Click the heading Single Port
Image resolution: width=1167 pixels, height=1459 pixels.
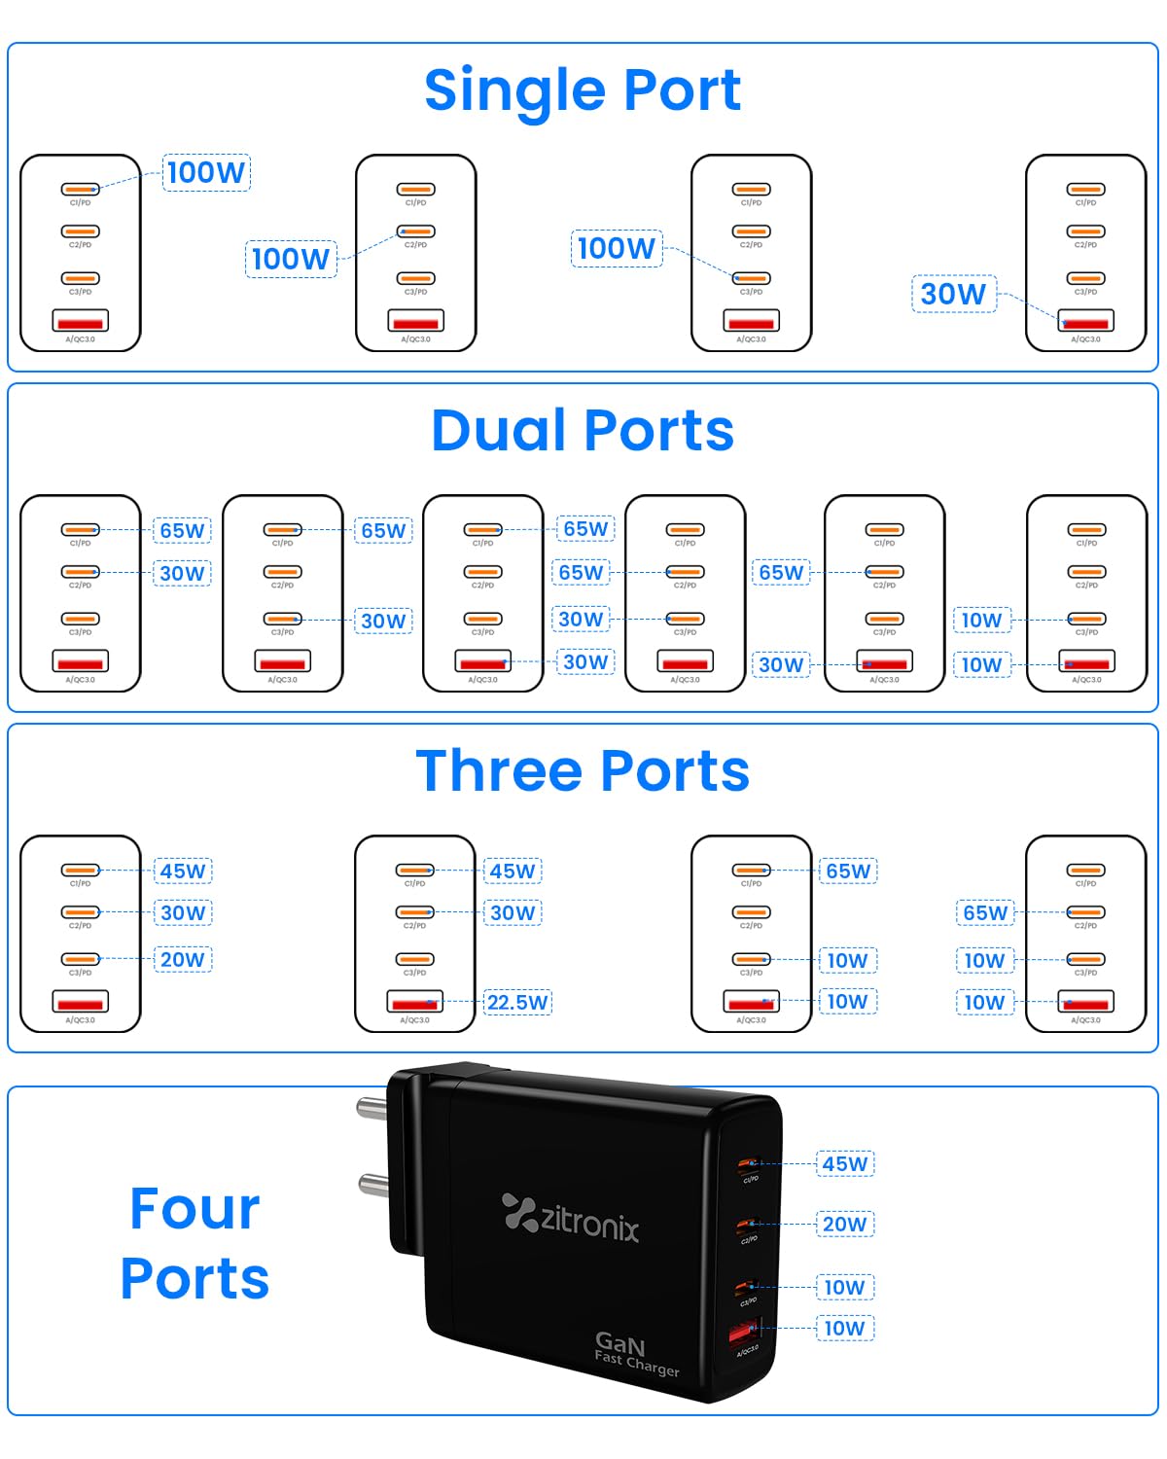point(583,90)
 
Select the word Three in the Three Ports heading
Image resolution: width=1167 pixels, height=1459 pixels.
point(499,771)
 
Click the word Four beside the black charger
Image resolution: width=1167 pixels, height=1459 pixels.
point(194,1209)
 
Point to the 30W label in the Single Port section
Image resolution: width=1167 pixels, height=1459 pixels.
point(953,294)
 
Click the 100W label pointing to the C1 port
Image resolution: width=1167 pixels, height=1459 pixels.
point(206,172)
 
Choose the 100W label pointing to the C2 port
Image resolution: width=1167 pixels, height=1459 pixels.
point(291,259)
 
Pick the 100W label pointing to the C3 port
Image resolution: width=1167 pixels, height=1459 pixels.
point(616,248)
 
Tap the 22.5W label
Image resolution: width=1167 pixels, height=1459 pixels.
point(517,1002)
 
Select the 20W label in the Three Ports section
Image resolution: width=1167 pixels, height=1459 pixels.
point(183,960)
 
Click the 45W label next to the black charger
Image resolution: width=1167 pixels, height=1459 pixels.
point(844,1163)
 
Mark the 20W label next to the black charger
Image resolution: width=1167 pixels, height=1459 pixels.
point(844,1224)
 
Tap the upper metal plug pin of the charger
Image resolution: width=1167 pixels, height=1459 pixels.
point(372,1106)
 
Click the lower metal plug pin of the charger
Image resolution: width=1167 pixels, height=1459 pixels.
point(373,1184)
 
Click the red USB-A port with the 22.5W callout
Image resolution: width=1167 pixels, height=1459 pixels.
point(415,1002)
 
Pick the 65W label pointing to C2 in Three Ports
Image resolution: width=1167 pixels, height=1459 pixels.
point(985,912)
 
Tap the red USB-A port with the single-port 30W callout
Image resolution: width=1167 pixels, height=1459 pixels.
point(1086,321)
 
